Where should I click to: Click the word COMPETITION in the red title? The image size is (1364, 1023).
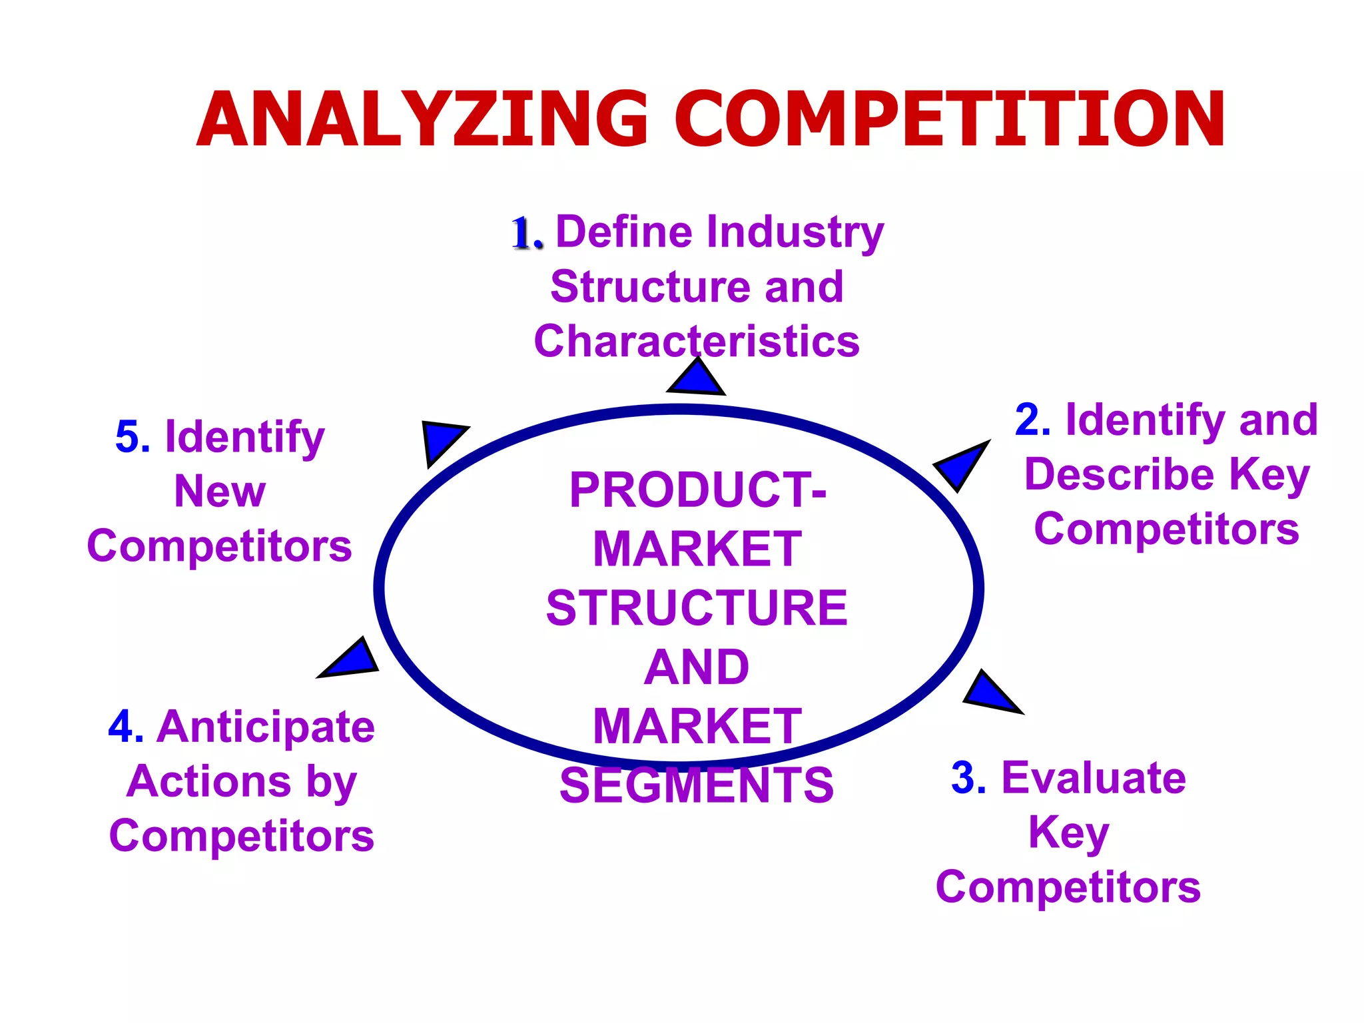tap(950, 120)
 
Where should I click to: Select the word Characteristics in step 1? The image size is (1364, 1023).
tap(697, 342)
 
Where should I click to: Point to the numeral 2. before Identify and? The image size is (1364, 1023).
tap(1033, 420)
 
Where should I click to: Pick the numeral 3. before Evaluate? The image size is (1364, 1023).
tap(968, 778)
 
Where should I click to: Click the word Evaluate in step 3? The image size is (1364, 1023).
tap(1094, 778)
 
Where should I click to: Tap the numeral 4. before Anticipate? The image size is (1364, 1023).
tap(126, 727)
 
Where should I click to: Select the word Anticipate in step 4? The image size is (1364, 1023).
tap(266, 727)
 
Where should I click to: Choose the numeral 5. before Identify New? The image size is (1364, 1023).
tap(133, 438)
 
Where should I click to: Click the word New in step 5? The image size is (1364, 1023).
tap(220, 492)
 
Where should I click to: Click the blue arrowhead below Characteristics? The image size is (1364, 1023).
tap(696, 378)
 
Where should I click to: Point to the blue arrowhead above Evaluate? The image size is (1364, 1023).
tap(990, 693)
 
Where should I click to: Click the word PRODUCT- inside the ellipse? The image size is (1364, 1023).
tap(697, 490)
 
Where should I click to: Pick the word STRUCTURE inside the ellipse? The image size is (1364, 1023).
tap(697, 608)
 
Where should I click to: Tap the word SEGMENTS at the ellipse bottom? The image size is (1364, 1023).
tap(697, 785)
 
